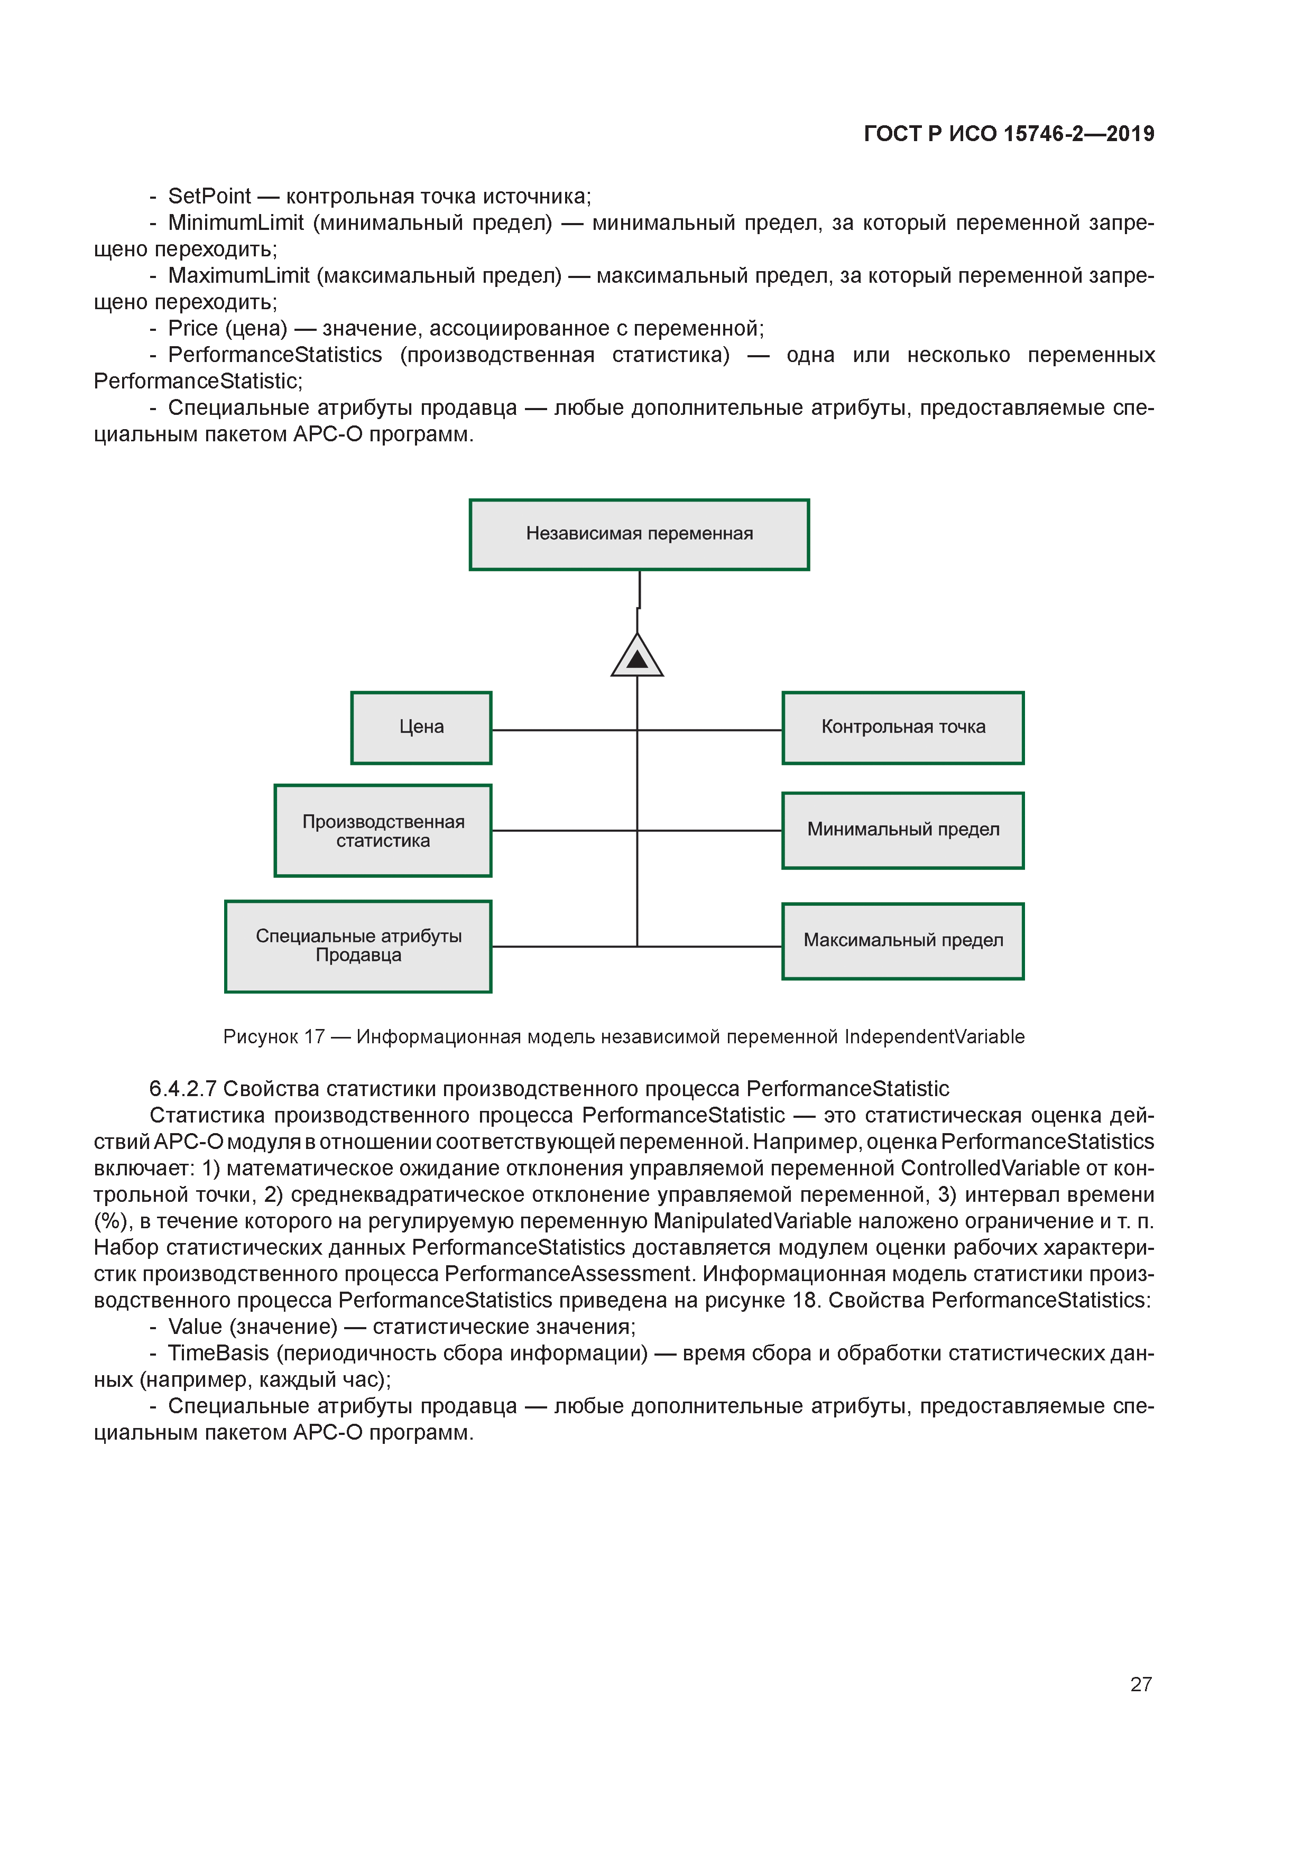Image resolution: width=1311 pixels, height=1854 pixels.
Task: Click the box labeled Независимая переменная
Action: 639,534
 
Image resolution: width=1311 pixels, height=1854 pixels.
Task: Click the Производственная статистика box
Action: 383,830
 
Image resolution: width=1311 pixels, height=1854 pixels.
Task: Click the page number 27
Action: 1140,1684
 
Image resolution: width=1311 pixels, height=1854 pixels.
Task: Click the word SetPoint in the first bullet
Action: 209,196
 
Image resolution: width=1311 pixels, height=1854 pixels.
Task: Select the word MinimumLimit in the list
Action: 236,223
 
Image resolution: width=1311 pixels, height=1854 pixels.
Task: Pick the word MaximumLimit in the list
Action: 238,275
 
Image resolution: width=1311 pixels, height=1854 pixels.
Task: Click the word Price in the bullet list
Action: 192,329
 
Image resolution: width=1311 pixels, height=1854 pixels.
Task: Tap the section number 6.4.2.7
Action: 182,1089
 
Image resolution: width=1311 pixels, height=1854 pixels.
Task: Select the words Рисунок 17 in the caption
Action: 274,1037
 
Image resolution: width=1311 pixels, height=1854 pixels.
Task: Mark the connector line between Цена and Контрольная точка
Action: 566,730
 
